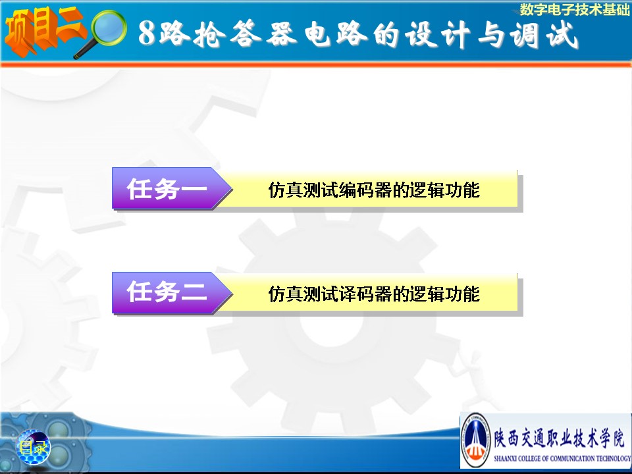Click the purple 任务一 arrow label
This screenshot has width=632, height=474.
[172, 188]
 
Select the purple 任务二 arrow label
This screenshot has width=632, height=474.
[172, 292]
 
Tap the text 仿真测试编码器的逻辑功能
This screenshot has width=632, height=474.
[374, 190]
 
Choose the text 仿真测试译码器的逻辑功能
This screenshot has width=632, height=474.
[374, 294]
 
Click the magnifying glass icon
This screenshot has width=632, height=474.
[101, 34]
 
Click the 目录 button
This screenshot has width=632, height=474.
[34, 447]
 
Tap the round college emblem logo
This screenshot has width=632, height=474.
[476, 440]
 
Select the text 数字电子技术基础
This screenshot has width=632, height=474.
[574, 10]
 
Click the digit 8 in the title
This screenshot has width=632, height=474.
[147, 33]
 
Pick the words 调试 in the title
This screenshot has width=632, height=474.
[544, 35]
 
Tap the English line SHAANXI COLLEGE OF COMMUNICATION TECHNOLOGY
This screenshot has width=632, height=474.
[562, 458]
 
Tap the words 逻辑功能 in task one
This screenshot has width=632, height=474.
[444, 190]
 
